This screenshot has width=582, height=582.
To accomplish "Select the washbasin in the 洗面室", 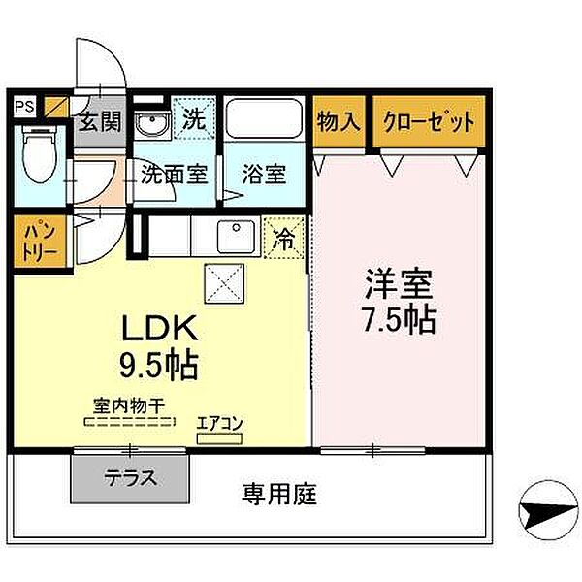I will pyautogui.click(x=150, y=125).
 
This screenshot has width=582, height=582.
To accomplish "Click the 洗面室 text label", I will pyautogui.click(x=175, y=175).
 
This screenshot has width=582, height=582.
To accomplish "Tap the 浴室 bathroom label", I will pyautogui.click(x=263, y=176).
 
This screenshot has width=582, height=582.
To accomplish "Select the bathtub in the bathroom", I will pyautogui.click(x=265, y=120).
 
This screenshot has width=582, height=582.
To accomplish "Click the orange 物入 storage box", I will pyautogui.click(x=339, y=122).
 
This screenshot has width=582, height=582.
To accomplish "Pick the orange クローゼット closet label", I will pyautogui.click(x=429, y=122).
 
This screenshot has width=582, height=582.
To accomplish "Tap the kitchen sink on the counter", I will pyautogui.click(x=234, y=235).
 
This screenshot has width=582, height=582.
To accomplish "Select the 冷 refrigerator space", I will pyautogui.click(x=284, y=236).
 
